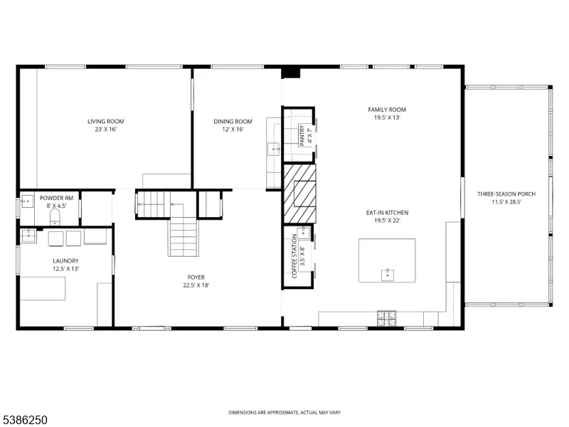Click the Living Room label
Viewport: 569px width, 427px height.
(105, 121)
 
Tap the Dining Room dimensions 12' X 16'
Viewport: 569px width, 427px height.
(233, 130)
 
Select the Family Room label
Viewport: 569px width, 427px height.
(387, 110)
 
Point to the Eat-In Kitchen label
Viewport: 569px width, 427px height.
(387, 212)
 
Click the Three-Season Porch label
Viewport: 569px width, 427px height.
(506, 194)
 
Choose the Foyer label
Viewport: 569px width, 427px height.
(196, 278)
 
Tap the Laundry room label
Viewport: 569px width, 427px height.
(65, 260)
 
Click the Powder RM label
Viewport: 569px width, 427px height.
(56, 198)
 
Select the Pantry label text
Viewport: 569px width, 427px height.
(302, 135)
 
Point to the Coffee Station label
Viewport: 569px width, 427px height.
(294, 256)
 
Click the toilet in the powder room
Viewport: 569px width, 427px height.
(55, 217)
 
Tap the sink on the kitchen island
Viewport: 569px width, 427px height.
(388, 275)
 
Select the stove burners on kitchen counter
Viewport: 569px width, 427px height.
(386, 318)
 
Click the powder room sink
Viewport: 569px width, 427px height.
(27, 201)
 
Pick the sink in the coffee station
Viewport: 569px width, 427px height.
(304, 233)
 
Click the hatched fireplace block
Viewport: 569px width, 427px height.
(299, 194)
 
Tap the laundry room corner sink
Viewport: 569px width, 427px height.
(28, 236)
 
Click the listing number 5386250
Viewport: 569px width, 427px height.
(23, 420)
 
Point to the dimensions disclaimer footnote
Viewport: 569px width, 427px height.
(284, 413)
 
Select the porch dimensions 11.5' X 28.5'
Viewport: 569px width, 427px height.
(506, 202)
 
